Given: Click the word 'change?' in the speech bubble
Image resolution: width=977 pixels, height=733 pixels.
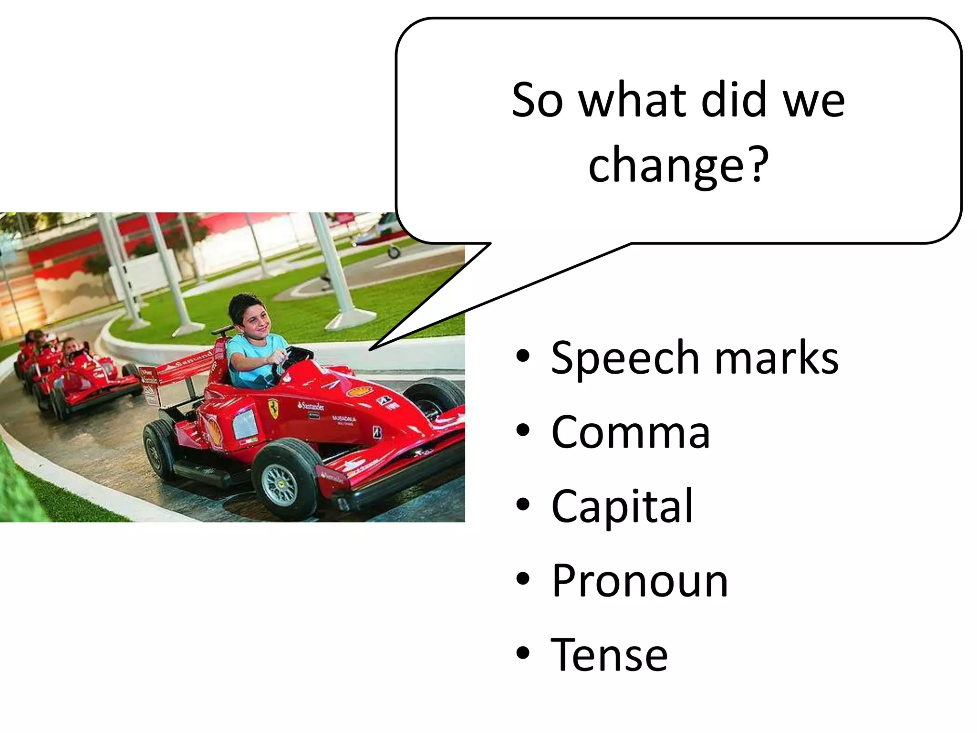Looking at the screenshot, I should tap(678, 164).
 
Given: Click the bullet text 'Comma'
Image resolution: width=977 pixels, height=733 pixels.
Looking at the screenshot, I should tap(631, 432).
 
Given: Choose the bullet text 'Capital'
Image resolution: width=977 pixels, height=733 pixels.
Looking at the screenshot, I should tap(622, 506).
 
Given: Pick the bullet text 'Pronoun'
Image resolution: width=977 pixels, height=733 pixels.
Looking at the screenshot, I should tap(640, 581).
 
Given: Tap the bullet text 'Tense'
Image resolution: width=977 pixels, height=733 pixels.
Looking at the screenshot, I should tap(609, 655).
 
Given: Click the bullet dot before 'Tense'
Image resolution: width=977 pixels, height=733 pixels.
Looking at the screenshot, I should tap(523, 653).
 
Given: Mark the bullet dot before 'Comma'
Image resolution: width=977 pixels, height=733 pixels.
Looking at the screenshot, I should tap(523, 430).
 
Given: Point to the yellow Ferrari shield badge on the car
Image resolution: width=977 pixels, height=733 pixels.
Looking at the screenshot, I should tap(273, 408).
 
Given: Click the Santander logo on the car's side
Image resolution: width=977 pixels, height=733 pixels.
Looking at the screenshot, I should tap(311, 406).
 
